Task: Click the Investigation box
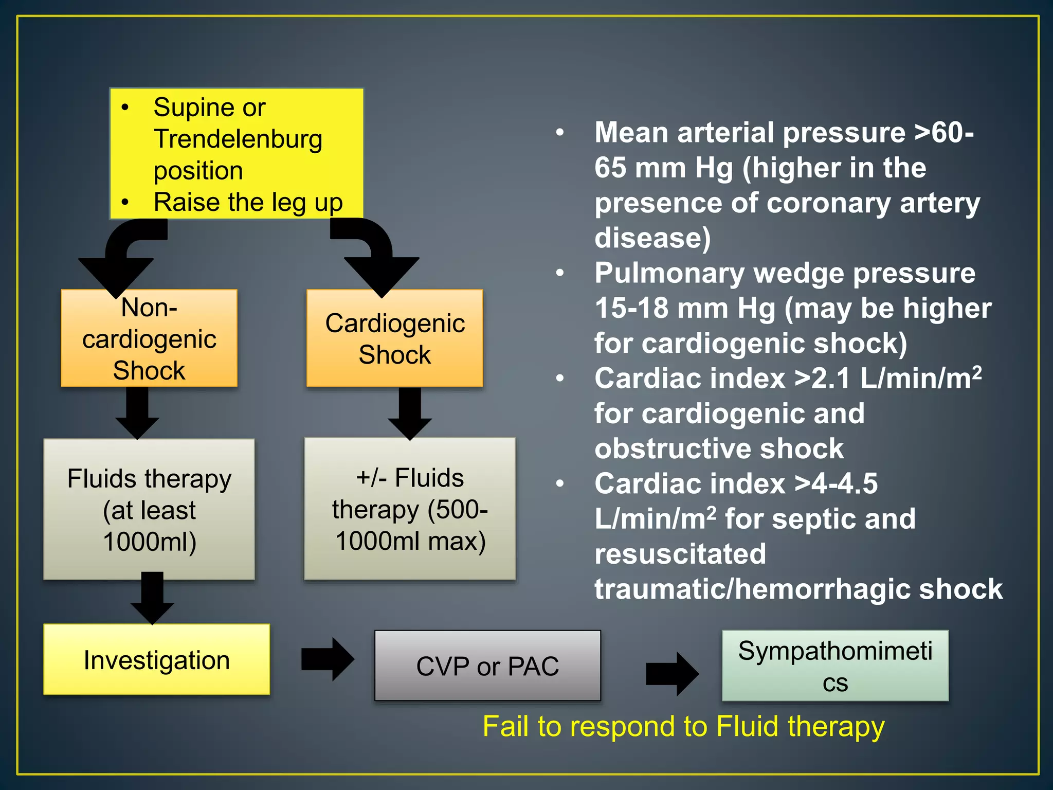click(156, 659)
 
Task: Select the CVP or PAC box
click(487, 666)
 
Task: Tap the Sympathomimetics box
click(835, 666)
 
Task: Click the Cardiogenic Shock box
click(394, 338)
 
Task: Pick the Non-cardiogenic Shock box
click(149, 338)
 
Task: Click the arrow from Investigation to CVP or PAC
click(328, 659)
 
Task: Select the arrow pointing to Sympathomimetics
click(672, 674)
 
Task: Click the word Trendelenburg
click(238, 139)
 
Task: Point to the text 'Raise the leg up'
click(248, 202)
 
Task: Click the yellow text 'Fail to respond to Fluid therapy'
click(683, 727)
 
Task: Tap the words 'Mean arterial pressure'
click(750, 133)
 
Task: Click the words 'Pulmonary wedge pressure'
click(785, 273)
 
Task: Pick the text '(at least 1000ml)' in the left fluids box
click(149, 526)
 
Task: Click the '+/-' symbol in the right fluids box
click(371, 478)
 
